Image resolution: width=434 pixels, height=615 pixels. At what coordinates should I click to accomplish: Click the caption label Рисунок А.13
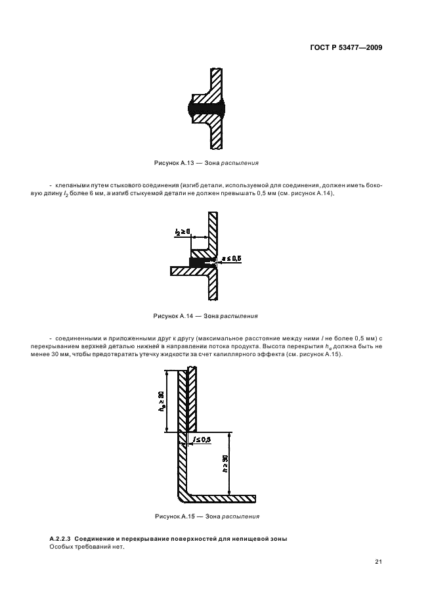pyautogui.click(x=172, y=162)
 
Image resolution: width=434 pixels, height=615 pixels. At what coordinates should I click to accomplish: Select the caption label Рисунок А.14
pyautogui.click(x=172, y=315)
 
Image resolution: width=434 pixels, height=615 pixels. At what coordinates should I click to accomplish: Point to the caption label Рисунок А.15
pyautogui.click(x=173, y=516)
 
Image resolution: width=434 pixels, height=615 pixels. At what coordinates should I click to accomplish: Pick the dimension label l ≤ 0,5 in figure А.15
pyautogui.click(x=200, y=439)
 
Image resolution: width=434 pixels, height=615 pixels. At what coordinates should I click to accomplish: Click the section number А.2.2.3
pyautogui.click(x=64, y=539)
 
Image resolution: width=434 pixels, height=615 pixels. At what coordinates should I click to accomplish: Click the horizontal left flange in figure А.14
pyautogui.click(x=179, y=270)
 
